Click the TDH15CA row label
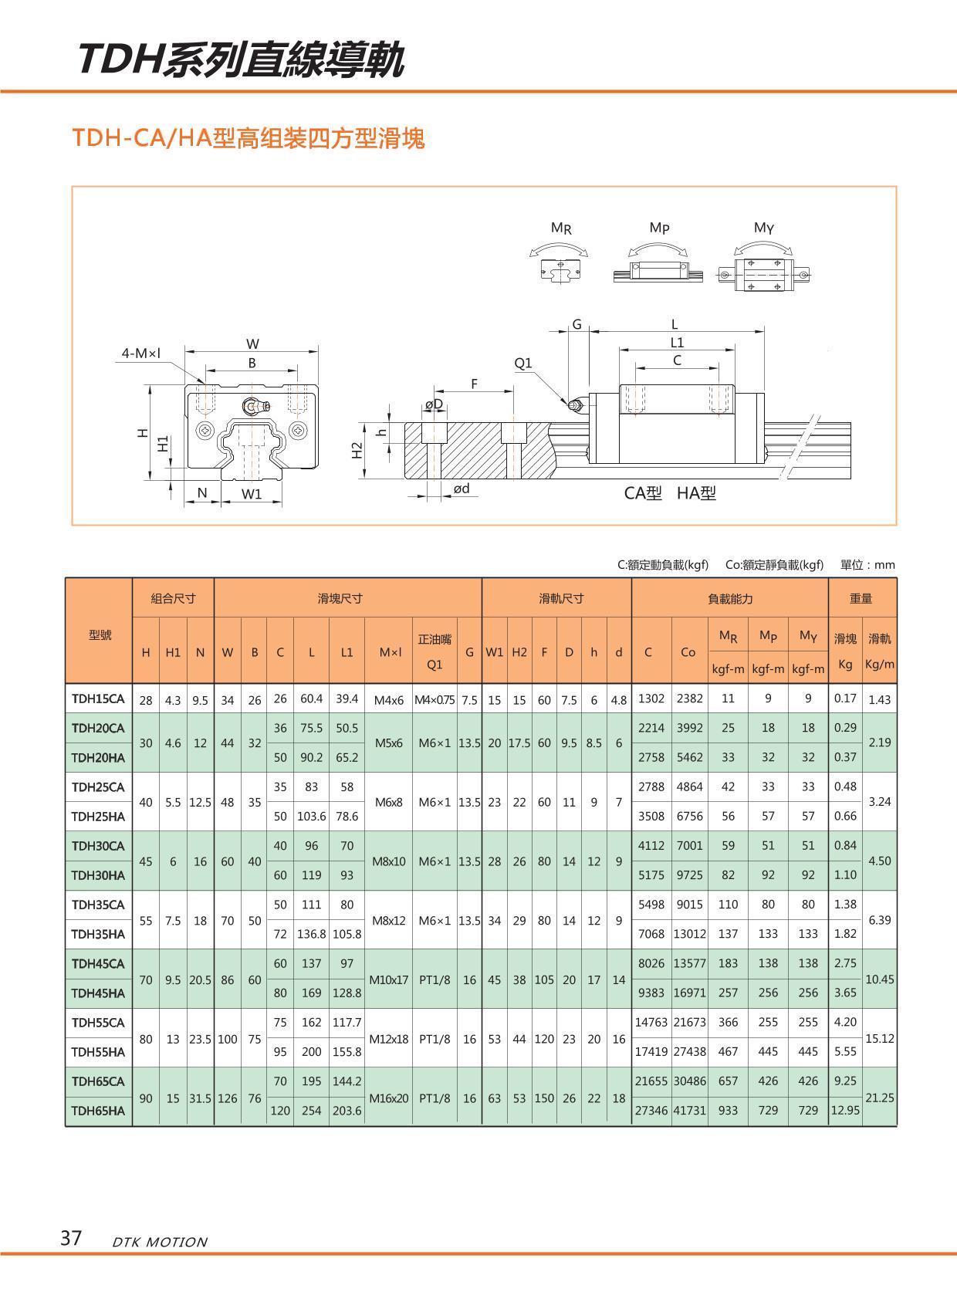click(98, 699)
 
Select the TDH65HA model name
click(98, 1111)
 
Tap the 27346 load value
click(651, 1111)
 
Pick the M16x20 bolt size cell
click(388, 1098)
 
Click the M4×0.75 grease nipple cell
click(435, 700)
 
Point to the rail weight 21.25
click(880, 1098)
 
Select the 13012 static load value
click(689, 934)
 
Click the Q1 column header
click(435, 664)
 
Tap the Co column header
click(688, 652)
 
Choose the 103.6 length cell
click(311, 816)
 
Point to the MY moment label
click(763, 228)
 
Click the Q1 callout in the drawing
click(523, 363)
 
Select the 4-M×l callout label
click(140, 354)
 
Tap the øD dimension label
click(434, 404)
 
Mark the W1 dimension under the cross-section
click(252, 494)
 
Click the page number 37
click(71, 1238)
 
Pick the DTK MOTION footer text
click(160, 1242)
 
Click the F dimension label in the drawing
click(474, 383)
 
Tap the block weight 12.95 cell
click(845, 1111)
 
